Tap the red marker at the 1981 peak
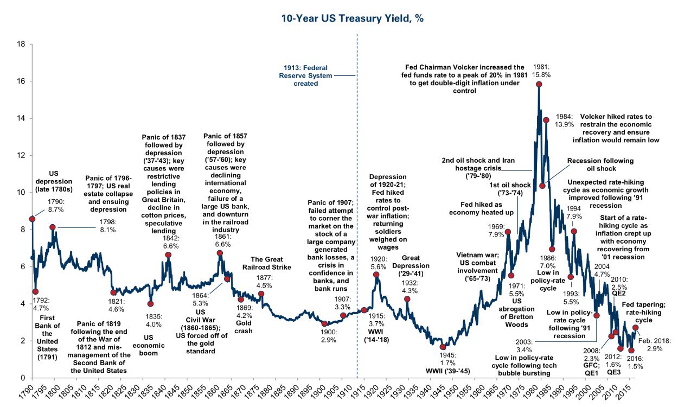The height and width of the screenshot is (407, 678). pyautogui.click(x=539, y=84)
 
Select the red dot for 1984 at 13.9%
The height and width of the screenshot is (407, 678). pyautogui.click(x=546, y=120)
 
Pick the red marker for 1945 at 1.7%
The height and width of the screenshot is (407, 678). pyautogui.click(x=443, y=346)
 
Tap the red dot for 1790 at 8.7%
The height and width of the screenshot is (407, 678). pyautogui.click(x=32, y=218)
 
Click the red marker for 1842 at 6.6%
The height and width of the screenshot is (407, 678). pyautogui.click(x=168, y=255)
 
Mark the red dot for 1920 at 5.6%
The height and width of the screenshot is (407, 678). pyautogui.click(x=376, y=275)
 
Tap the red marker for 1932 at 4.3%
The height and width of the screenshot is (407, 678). pyautogui.click(x=407, y=298)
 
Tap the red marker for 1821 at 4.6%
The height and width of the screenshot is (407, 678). pyautogui.click(x=113, y=292)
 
